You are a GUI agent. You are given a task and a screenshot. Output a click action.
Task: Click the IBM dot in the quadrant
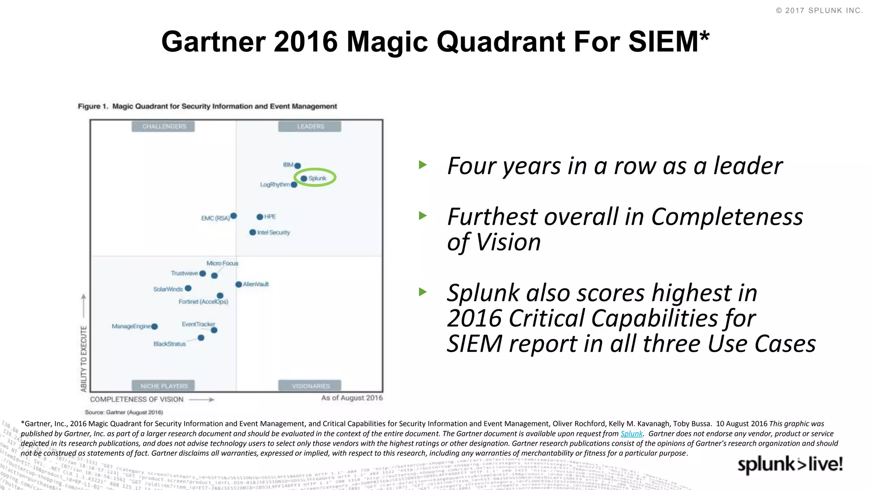298,165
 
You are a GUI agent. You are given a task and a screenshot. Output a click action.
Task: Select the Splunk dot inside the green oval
304,179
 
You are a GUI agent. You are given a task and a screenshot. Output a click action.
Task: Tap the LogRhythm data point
294,185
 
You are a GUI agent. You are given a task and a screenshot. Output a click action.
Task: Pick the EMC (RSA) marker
233,216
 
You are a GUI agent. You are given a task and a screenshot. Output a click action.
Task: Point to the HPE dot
259,217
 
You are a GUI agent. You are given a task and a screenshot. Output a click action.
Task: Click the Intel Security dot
253,232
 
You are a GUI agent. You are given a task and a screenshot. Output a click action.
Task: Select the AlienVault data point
239,284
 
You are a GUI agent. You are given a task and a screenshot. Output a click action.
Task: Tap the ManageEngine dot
154,327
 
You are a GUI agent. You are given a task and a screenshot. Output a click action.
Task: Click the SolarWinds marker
188,288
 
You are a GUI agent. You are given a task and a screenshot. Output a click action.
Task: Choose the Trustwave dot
203,273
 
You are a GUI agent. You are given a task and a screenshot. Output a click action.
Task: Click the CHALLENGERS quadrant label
164,126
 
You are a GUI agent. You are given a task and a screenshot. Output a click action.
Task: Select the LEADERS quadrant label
310,126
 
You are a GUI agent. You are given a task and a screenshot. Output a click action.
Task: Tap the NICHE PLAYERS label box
164,386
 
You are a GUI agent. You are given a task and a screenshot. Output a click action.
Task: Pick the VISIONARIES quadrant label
310,386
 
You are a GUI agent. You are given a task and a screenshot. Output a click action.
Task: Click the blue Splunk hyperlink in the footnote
631,433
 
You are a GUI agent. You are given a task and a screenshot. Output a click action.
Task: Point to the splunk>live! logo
790,464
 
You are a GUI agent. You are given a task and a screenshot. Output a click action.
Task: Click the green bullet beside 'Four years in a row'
423,165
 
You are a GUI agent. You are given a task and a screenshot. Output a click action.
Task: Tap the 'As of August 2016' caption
352,398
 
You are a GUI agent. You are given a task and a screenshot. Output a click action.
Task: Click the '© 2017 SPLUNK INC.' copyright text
819,11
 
